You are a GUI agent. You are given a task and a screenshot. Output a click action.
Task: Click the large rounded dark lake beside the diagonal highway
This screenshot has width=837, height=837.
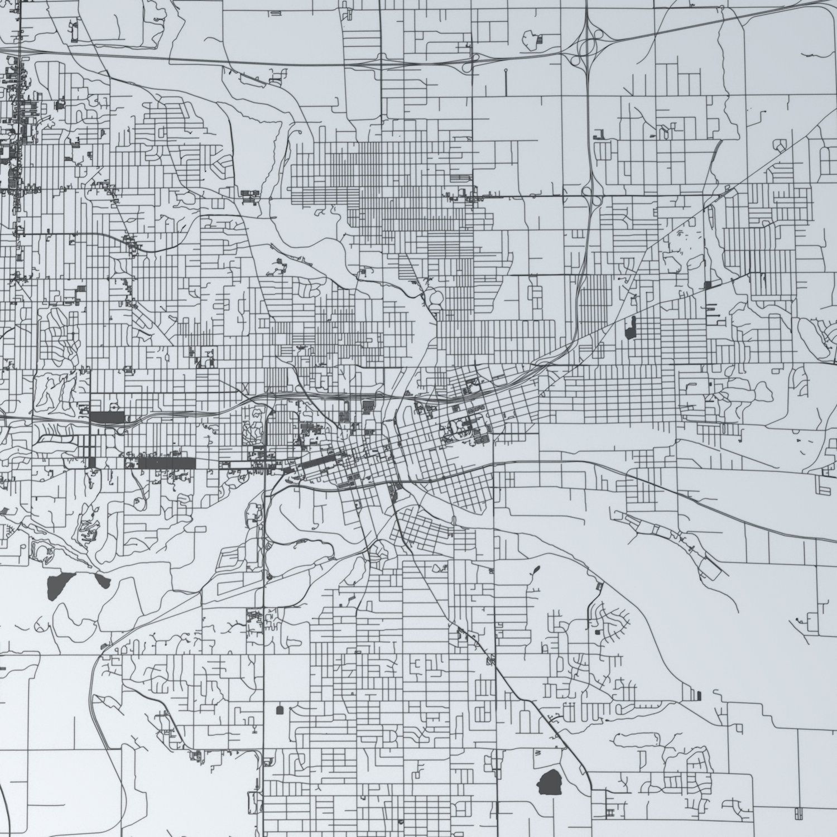(550, 781)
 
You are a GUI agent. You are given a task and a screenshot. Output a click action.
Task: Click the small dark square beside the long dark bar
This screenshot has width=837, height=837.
(92, 463)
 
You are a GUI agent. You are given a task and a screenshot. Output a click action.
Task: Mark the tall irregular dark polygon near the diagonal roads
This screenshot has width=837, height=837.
(631, 328)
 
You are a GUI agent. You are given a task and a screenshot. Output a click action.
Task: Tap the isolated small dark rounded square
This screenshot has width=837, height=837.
(279, 710)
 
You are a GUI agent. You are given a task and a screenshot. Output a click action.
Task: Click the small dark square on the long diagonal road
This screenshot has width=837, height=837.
(708, 285)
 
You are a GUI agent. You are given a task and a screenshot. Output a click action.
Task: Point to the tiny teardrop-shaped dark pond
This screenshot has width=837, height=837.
(536, 570)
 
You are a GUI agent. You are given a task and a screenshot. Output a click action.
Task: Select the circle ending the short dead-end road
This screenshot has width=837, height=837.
(506, 71)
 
